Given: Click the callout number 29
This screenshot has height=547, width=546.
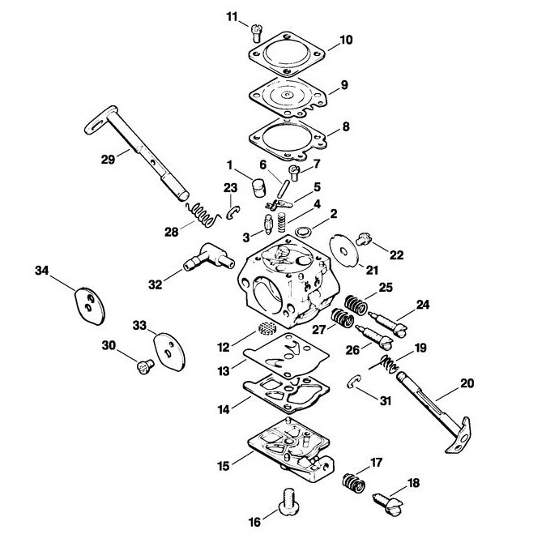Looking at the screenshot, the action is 108,160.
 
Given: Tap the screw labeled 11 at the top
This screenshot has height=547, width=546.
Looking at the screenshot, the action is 256,32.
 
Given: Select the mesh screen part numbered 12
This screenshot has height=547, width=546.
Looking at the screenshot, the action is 267,328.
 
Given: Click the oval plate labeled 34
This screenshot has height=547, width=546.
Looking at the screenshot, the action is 90,306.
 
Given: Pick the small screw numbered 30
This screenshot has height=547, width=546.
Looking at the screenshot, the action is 145,367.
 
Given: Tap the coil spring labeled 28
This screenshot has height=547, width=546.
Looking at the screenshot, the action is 203,215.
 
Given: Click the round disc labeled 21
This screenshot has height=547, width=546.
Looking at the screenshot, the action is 344,251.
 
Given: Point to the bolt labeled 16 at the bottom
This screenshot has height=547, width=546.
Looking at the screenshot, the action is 289,502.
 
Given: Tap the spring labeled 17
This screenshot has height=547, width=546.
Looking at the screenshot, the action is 353,485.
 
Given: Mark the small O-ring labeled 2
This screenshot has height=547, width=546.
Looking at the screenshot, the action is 304,232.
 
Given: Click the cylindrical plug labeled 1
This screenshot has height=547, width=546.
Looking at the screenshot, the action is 258,188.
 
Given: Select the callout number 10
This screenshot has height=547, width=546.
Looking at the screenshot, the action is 346,40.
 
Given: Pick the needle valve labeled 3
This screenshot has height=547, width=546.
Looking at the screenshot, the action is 268,224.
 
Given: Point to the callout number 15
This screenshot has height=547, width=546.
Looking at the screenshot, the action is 224,466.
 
